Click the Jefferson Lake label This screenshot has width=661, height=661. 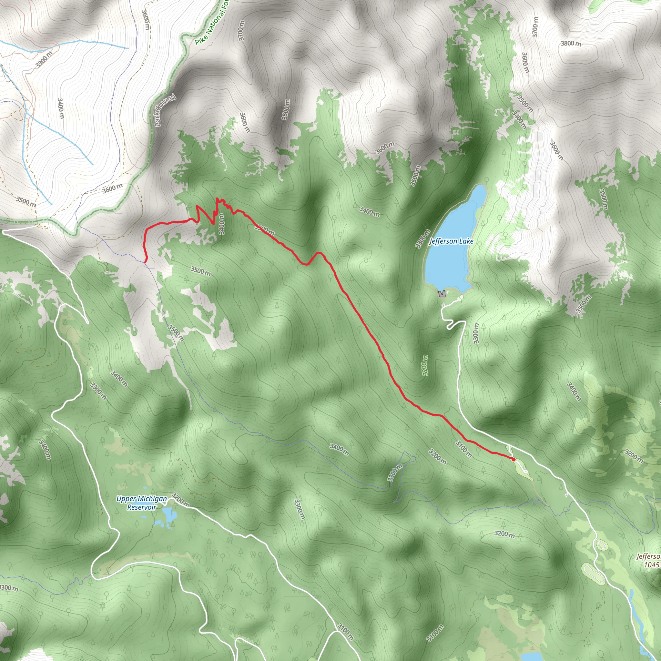(451, 241)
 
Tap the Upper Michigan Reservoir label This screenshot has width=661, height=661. (142, 503)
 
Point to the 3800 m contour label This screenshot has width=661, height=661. (571, 44)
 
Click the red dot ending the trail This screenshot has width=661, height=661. (513, 459)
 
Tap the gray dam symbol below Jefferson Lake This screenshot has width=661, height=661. (442, 294)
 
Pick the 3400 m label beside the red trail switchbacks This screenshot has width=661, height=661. (221, 224)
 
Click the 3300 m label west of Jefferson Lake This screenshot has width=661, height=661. (422, 239)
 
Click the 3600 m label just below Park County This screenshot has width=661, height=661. (113, 188)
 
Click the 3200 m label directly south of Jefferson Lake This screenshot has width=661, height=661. (425, 365)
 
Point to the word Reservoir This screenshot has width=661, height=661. (142, 507)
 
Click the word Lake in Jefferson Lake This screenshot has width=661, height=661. (466, 241)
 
